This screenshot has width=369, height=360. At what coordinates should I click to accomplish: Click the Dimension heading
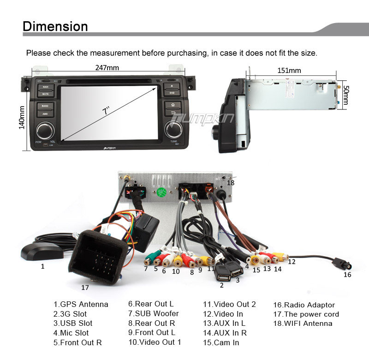(55, 26)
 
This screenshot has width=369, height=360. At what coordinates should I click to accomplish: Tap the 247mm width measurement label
(107, 68)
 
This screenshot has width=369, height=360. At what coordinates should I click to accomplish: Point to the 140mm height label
(21, 118)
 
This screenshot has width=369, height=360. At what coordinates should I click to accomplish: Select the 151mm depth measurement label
(289, 71)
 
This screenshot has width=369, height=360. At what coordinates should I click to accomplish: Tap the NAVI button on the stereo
(45, 87)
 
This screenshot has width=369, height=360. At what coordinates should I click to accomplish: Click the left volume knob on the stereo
(45, 130)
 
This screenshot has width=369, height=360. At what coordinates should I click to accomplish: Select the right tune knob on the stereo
(173, 129)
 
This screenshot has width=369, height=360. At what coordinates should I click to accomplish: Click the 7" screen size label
(106, 112)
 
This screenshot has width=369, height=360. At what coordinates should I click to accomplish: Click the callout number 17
(85, 287)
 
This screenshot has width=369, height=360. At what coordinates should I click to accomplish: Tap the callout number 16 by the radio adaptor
(347, 275)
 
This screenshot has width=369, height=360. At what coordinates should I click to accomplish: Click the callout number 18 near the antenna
(231, 183)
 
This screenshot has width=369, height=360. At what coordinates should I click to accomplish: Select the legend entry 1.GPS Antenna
(81, 305)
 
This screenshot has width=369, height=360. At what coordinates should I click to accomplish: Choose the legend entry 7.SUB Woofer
(153, 314)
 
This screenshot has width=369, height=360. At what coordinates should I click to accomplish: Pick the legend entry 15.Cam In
(221, 342)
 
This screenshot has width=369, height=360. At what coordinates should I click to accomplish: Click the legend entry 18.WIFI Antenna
(303, 324)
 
